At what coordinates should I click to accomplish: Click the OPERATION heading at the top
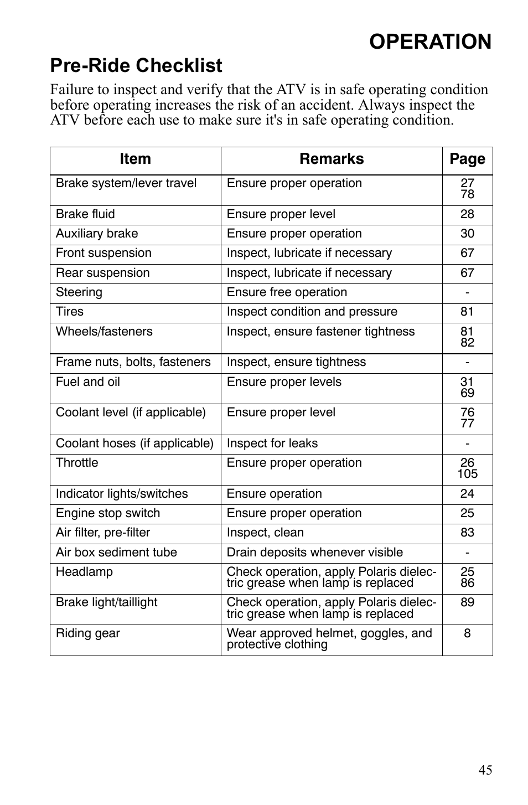[x=430, y=42]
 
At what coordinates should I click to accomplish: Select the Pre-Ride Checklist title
[x=136, y=66]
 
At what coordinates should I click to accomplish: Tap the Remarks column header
[x=332, y=159]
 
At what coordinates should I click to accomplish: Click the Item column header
[x=135, y=159]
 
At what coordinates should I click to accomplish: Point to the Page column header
[x=467, y=159]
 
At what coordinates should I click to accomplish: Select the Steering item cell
[x=79, y=292]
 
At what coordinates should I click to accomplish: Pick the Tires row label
[x=70, y=312]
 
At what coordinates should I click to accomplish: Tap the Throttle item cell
[x=77, y=463]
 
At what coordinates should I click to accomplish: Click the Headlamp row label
[x=84, y=572]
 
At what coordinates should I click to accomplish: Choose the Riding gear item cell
[x=88, y=633]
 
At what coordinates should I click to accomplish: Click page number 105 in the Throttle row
[x=467, y=474]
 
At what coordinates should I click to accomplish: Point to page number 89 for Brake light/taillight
[x=467, y=602]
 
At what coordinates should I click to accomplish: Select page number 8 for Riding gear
[x=467, y=633]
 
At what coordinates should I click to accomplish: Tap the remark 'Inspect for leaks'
[x=272, y=443]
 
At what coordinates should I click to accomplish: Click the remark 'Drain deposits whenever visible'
[x=315, y=553]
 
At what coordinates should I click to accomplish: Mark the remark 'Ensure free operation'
[x=287, y=292]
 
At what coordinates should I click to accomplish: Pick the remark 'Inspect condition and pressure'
[x=312, y=312]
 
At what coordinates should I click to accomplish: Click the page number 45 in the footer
[x=485, y=770]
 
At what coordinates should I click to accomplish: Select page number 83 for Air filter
[x=467, y=533]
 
